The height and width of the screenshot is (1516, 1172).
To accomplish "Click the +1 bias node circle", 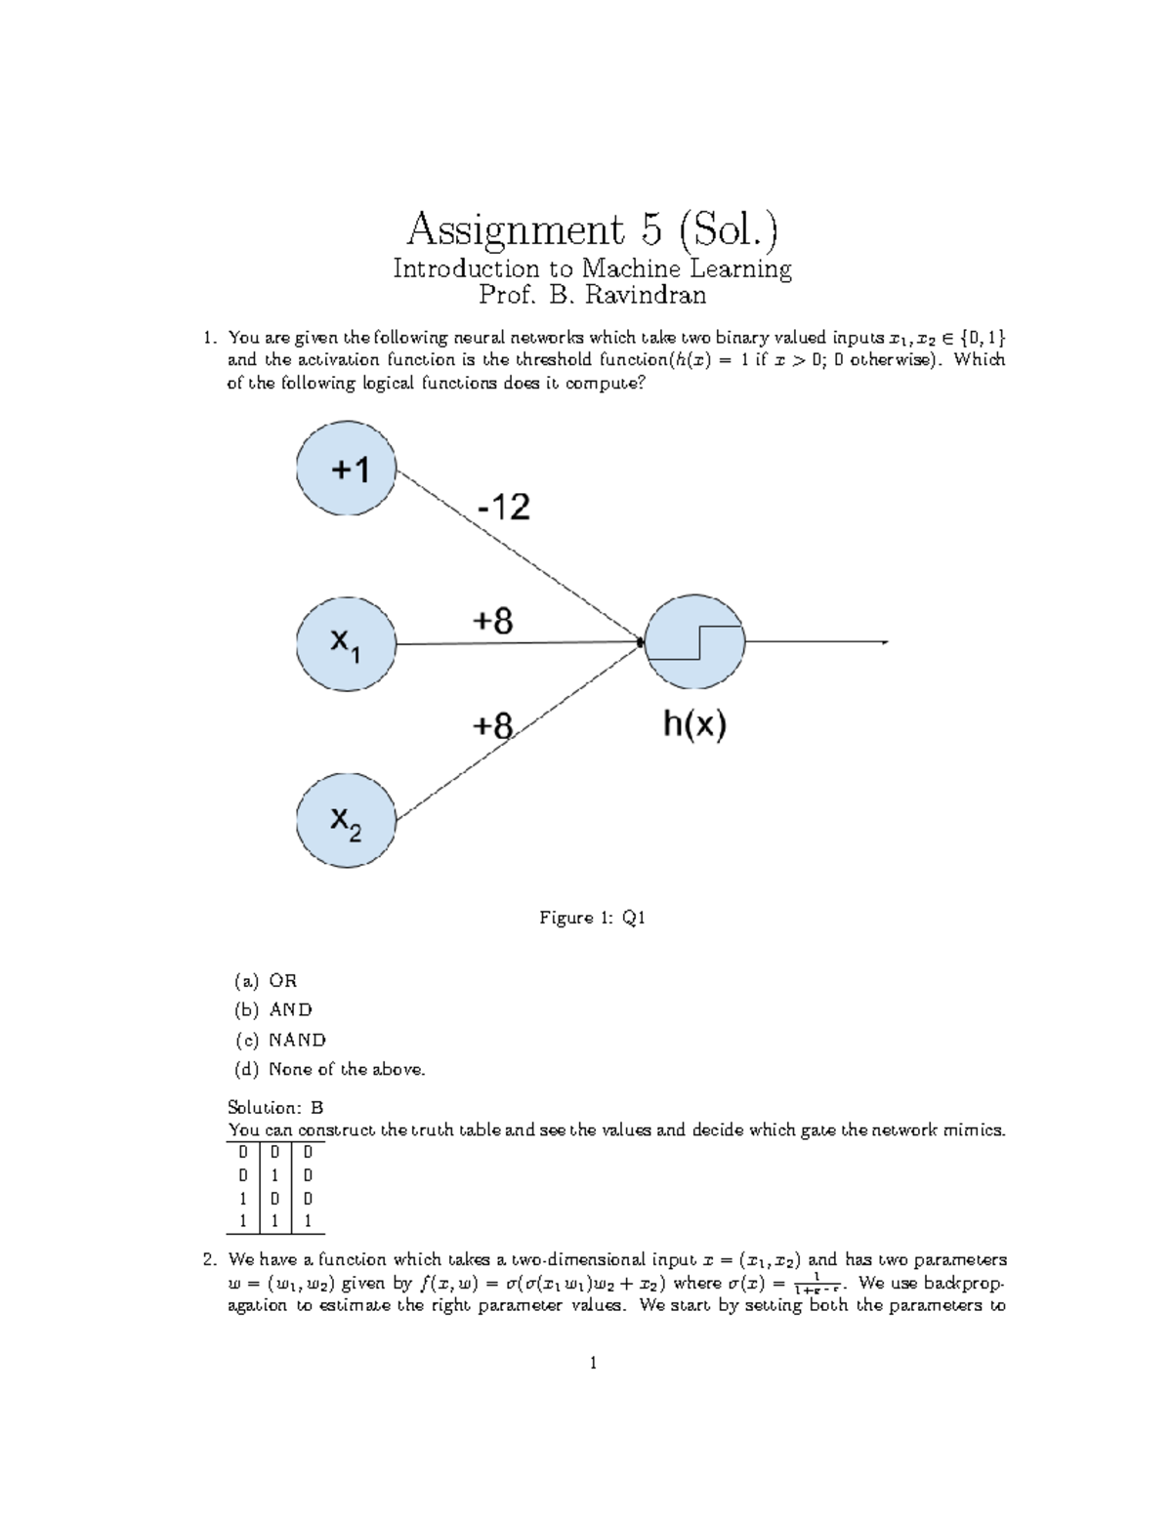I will point(347,472).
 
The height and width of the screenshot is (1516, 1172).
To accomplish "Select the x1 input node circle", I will point(347,643).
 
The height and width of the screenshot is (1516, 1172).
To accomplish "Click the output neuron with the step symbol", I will point(694,642).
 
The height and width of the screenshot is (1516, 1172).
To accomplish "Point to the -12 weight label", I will point(503,508).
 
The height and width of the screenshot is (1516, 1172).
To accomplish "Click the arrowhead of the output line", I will point(883,642).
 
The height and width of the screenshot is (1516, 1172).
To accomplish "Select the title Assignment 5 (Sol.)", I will point(593,230).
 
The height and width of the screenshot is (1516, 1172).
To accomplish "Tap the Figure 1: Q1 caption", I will point(593,918).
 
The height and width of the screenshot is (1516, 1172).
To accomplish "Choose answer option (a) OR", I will point(266,981).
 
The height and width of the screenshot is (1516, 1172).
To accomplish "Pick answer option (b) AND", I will point(273,1010).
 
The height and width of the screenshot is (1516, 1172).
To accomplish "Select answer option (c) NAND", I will point(280,1040).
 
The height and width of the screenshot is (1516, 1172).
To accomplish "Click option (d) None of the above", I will point(330,1070).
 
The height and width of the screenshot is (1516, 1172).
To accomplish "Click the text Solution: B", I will point(275,1108).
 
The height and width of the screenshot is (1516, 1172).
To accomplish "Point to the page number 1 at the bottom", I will point(593,1363).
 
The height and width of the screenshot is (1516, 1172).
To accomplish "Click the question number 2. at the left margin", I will point(208,1260).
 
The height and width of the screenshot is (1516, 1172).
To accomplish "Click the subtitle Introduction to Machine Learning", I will point(593,268).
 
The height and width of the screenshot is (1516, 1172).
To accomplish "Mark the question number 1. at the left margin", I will point(208,339).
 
